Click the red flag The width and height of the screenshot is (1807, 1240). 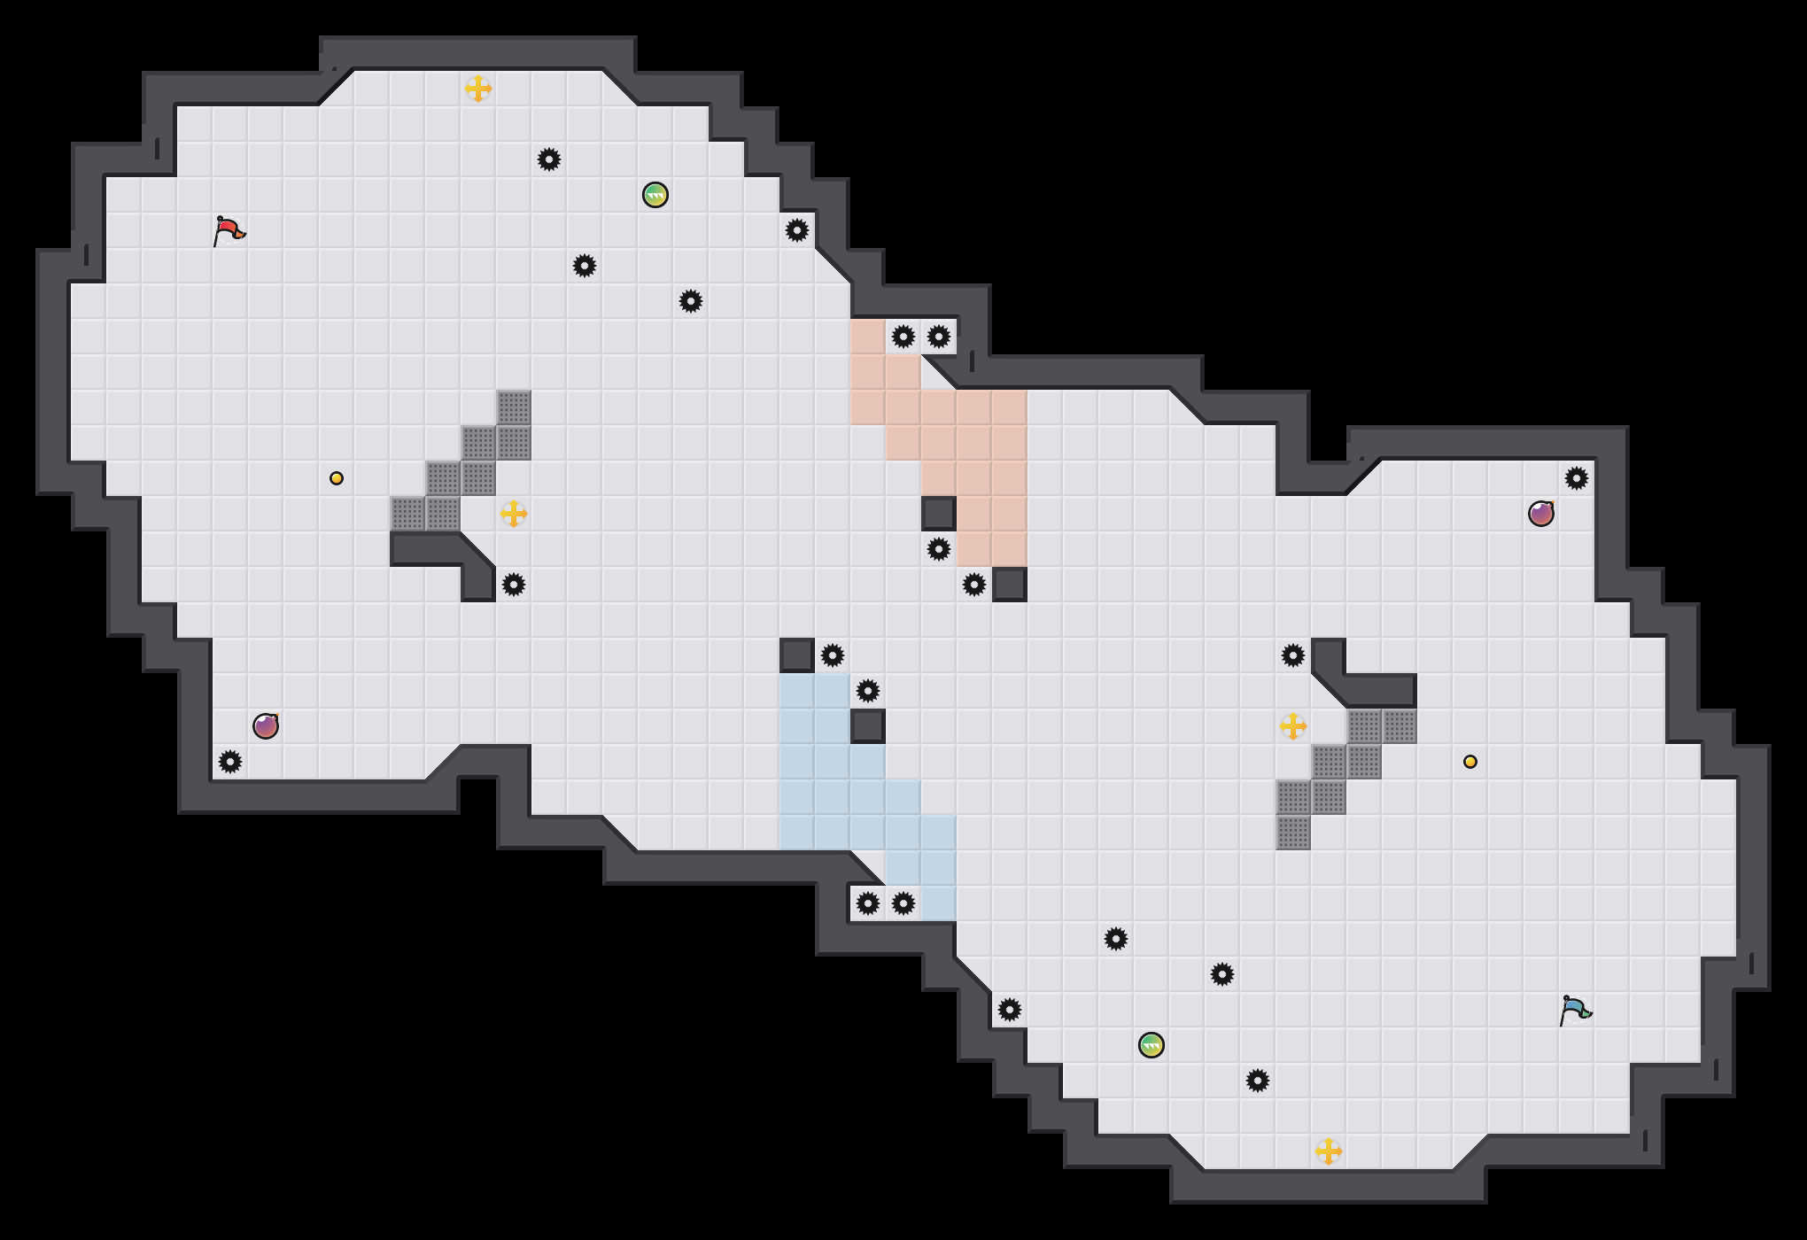point(229,230)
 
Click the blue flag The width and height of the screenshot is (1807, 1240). point(1575,1010)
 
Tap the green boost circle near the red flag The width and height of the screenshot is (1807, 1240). point(655,195)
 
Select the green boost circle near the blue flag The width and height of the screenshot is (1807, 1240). point(1152,1045)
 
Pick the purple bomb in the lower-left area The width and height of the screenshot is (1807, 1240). point(266,726)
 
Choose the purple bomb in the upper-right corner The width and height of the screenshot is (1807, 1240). point(1541,514)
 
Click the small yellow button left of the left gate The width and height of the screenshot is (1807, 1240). point(337,478)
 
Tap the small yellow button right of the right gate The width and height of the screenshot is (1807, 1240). point(1470,762)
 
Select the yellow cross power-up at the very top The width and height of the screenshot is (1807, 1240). point(478,89)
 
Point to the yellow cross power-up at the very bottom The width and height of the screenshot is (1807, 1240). point(1329,1151)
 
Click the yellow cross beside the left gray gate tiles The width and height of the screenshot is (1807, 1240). point(514,514)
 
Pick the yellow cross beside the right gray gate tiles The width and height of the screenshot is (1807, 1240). point(1293,726)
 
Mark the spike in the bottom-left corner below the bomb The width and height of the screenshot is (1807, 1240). point(230,762)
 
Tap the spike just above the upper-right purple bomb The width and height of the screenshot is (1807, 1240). point(1577,478)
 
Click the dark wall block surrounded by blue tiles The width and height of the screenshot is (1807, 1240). point(868,726)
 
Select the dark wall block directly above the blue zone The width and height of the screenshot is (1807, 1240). point(797,655)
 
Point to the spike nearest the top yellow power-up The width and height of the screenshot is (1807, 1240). point(549,159)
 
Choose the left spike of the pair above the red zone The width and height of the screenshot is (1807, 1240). point(903,337)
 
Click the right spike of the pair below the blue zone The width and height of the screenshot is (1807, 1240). point(903,903)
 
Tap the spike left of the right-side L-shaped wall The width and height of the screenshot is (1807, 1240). point(1293,655)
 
